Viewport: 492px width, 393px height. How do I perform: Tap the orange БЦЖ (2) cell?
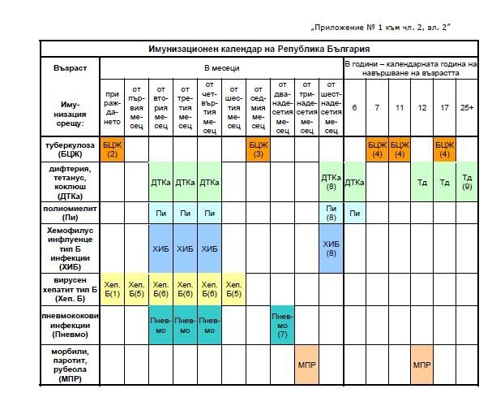click(x=112, y=149)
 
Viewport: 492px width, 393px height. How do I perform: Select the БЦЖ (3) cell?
click(x=258, y=149)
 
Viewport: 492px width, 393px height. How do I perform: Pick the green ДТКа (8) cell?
click(x=331, y=183)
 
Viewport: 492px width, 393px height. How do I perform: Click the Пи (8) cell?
click(x=331, y=213)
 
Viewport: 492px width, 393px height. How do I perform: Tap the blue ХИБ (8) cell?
click(x=331, y=248)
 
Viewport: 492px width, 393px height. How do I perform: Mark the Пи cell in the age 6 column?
click(x=354, y=213)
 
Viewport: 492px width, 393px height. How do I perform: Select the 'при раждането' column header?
click(x=112, y=106)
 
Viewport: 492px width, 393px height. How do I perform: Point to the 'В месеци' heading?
click(x=220, y=67)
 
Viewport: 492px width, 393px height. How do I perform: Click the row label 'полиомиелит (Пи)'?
click(x=69, y=213)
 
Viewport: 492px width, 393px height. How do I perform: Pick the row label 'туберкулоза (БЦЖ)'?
click(x=69, y=149)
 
